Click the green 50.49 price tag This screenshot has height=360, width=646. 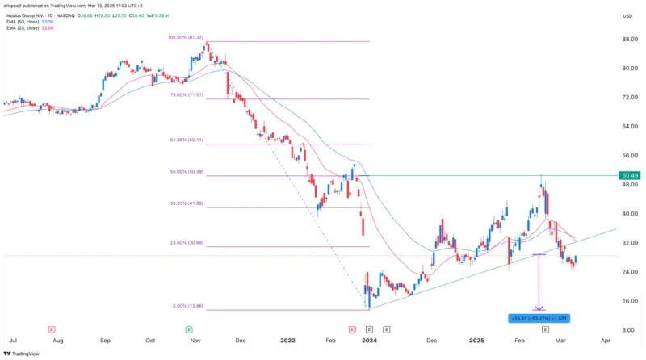tap(630, 175)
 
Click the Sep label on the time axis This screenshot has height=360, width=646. tap(105, 341)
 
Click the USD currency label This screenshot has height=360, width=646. tap(627, 15)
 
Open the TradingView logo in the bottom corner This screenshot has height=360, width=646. tap(25, 353)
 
